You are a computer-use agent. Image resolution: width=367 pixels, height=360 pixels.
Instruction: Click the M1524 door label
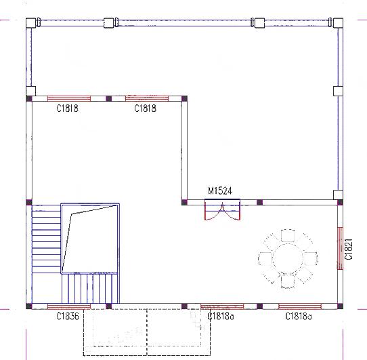219,191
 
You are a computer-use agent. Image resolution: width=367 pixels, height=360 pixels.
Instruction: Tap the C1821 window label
349,249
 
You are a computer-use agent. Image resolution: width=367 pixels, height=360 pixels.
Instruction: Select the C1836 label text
68,316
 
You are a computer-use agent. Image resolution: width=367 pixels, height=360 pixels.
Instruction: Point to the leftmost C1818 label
68,108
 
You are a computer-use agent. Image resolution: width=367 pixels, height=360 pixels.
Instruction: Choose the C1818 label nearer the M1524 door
145,108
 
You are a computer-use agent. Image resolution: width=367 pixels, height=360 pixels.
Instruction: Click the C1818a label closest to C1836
221,316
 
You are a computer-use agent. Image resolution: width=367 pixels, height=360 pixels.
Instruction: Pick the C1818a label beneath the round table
299,316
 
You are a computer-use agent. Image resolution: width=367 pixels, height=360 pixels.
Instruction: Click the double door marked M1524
222,212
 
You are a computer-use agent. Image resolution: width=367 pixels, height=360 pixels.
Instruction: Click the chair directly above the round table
288,235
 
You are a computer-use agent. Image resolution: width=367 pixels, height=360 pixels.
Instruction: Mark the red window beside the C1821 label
341,247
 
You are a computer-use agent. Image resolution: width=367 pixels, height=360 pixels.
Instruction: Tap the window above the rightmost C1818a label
299,306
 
